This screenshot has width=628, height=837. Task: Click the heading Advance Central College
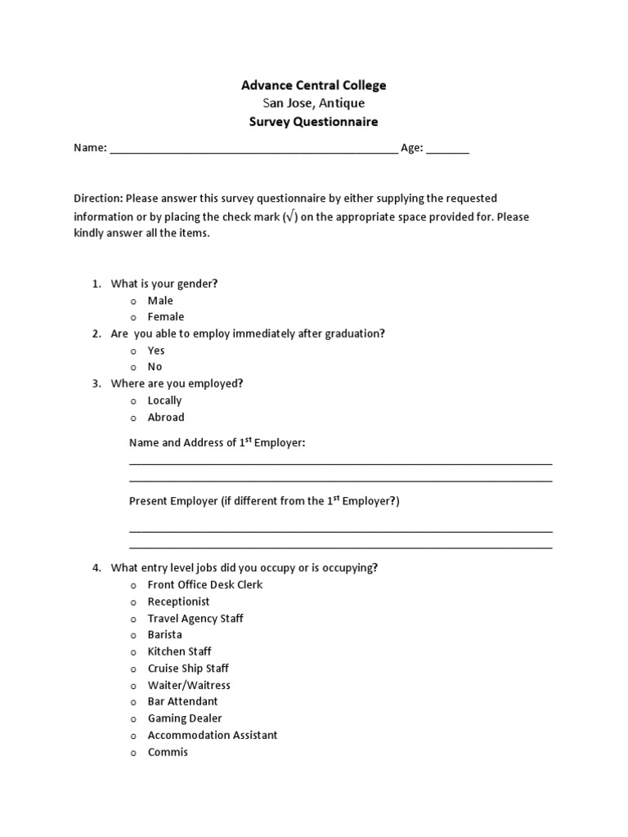(314, 85)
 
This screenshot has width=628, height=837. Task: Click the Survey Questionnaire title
(314, 122)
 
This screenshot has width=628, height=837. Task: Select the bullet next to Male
(132, 302)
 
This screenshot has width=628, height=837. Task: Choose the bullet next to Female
(132, 318)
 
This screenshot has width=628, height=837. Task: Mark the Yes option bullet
(132, 351)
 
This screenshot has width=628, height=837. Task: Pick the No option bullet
(132, 368)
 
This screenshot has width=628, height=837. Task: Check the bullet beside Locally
(132, 401)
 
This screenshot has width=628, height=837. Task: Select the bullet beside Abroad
(132, 418)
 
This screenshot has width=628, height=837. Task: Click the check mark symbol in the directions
(289, 217)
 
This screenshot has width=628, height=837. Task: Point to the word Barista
(164, 634)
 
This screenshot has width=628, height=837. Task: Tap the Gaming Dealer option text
(185, 718)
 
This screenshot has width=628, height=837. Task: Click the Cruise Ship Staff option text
(188, 668)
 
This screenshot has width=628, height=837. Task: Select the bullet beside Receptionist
(132, 602)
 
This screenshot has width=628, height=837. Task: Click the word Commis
(168, 752)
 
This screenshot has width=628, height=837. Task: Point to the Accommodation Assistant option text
(213, 735)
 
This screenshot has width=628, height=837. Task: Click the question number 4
(96, 568)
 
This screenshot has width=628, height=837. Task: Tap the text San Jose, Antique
(314, 104)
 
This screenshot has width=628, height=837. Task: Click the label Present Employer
(173, 501)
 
